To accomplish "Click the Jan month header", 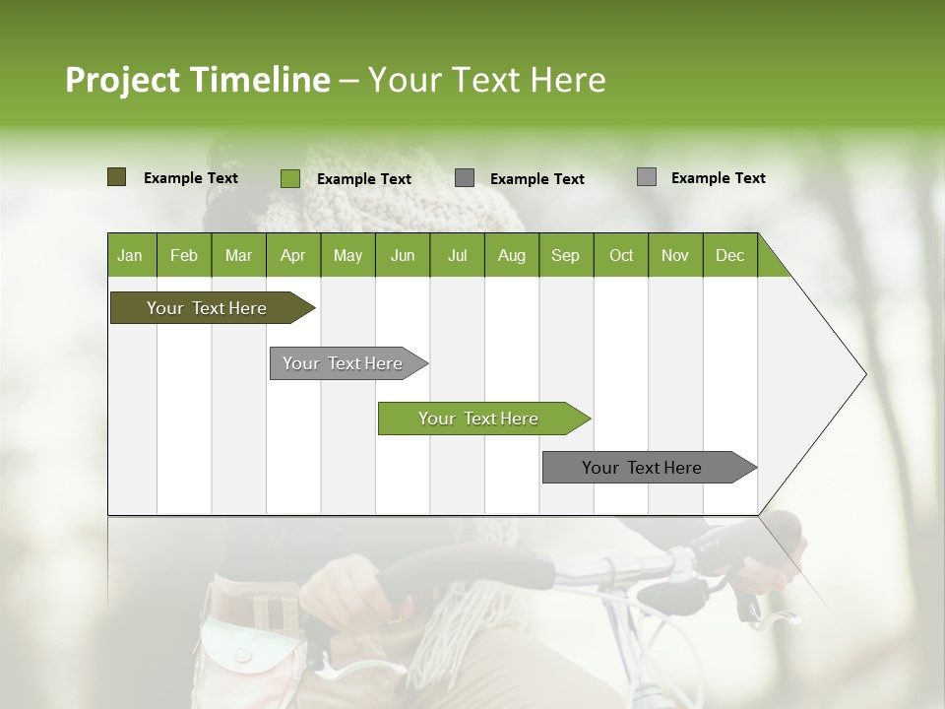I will [131, 255].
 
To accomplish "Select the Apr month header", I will [293, 255].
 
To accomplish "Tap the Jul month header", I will [457, 255].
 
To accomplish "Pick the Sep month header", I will [565, 255].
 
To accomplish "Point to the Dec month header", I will [729, 255].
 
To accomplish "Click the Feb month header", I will [184, 255].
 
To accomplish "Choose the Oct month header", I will [621, 255].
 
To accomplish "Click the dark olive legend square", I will [116, 177].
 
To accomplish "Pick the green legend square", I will [290, 178].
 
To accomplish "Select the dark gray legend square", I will [465, 178].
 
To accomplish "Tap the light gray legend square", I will [647, 177].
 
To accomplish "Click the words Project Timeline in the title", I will [197, 80].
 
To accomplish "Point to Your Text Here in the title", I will [486, 80].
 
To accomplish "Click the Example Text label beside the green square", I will [363, 179].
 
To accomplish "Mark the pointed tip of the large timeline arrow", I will [864, 374].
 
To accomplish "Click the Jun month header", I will [403, 255].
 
